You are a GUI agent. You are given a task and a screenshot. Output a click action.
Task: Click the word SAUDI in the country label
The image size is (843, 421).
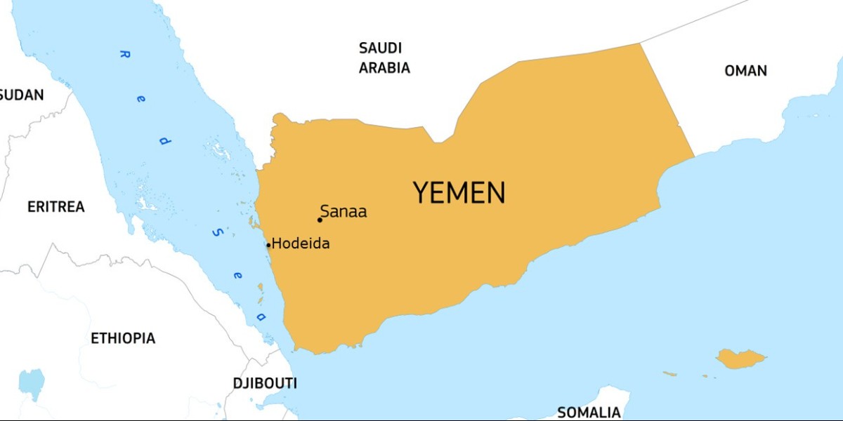point(380,48)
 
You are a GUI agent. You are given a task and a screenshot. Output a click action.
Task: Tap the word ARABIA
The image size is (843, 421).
point(384,68)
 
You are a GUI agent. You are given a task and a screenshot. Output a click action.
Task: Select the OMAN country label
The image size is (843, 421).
point(745,71)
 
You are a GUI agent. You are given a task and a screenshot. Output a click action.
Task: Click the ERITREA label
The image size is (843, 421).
point(55,207)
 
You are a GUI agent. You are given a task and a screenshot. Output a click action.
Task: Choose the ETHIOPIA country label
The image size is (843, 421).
point(123,338)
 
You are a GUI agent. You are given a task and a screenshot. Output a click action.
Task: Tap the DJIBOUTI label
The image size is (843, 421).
point(265,383)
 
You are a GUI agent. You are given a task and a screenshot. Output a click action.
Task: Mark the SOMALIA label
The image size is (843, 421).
point(589,412)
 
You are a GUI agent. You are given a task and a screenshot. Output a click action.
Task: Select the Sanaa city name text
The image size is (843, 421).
point(344,211)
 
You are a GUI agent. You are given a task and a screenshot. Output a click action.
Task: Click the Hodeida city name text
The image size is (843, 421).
point(301,244)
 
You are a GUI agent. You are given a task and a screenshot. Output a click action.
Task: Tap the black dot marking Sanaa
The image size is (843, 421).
point(320,220)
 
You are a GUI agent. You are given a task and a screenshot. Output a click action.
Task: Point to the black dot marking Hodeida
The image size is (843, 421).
point(268,246)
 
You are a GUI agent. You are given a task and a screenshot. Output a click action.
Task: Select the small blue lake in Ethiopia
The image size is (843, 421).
point(32,381)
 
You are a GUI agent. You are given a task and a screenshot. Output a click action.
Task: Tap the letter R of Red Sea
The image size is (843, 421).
point(124,54)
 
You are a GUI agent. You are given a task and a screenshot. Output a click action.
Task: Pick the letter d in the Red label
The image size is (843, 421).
point(164,140)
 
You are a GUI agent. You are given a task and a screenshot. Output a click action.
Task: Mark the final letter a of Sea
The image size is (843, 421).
point(261,317)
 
